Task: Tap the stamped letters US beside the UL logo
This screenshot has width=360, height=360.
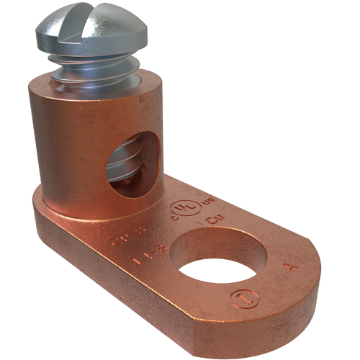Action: point(210,199)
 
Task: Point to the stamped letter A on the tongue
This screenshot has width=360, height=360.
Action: point(288,267)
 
